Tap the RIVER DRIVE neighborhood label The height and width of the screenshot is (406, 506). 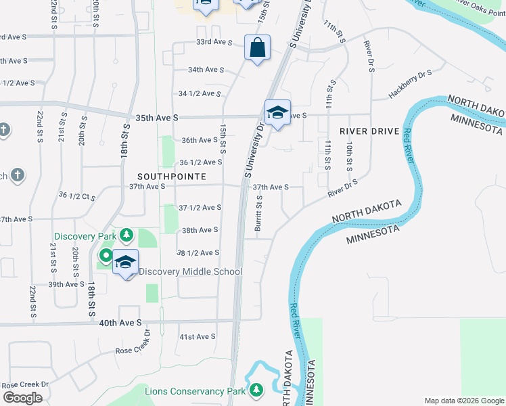point(365,131)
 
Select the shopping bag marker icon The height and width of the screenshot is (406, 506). point(257,48)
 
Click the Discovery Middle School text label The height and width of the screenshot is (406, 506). point(190,272)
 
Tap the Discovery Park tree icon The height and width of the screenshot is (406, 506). point(126,235)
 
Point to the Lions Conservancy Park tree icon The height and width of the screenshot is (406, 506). point(256,390)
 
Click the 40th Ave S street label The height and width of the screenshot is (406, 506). point(120,323)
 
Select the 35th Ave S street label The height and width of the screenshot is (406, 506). point(156,118)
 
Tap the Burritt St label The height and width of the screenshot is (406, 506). point(258,213)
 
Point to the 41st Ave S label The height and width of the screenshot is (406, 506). point(197,336)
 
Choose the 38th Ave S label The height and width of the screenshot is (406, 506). point(200,230)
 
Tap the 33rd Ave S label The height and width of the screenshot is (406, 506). point(214,42)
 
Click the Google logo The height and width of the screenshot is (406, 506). point(22,398)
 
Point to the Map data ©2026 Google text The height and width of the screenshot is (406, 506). point(463,401)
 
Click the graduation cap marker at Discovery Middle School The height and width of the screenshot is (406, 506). point(125,262)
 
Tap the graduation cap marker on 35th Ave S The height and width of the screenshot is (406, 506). point(277,112)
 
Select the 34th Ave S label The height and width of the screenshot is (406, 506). point(206,70)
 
